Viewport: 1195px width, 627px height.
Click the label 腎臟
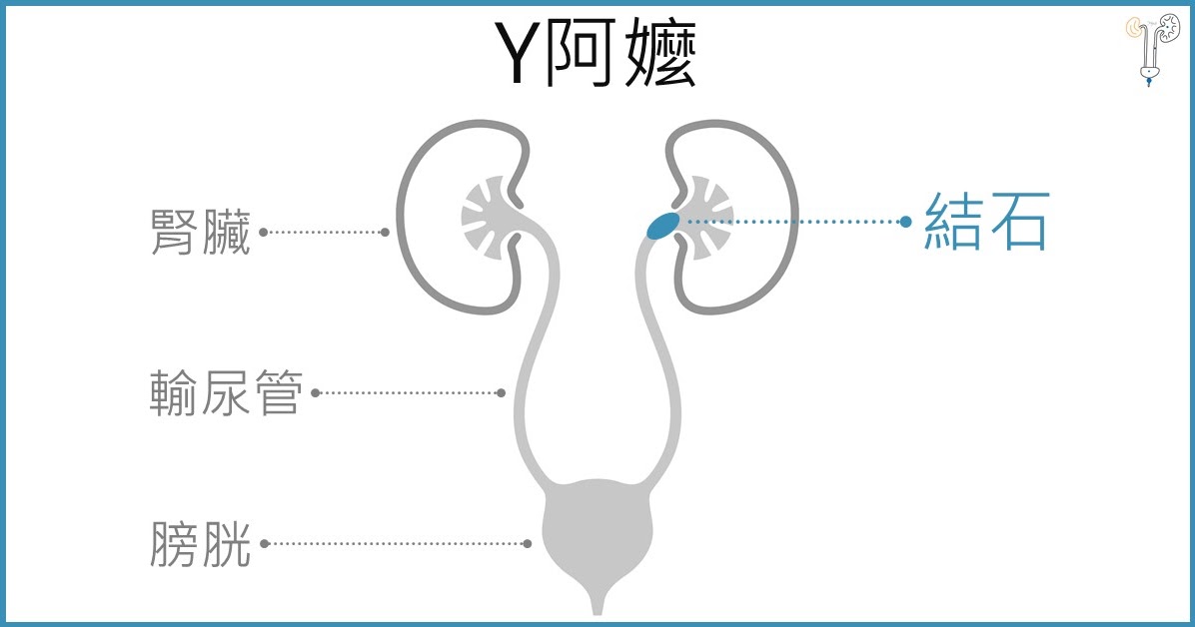coord(200,232)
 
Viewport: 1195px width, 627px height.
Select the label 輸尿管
coord(225,392)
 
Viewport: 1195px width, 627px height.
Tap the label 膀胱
coord(200,543)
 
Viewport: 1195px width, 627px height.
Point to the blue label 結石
coord(986,221)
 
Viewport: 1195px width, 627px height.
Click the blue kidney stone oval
coord(659,226)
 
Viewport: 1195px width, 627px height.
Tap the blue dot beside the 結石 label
coord(906,221)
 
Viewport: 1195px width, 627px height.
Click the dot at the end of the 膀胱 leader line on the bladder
coord(528,543)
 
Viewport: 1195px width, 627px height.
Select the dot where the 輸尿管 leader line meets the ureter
coord(502,392)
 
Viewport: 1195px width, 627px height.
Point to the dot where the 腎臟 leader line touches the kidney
coord(386,232)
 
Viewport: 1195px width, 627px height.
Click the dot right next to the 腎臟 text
coord(263,232)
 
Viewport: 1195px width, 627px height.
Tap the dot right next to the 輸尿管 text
coord(315,392)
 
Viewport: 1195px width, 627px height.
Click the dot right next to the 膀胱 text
coord(264,543)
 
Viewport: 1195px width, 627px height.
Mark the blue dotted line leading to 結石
coord(789,221)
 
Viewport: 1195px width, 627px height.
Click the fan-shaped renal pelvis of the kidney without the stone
coord(488,212)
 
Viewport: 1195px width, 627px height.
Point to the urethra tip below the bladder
coord(597,605)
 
